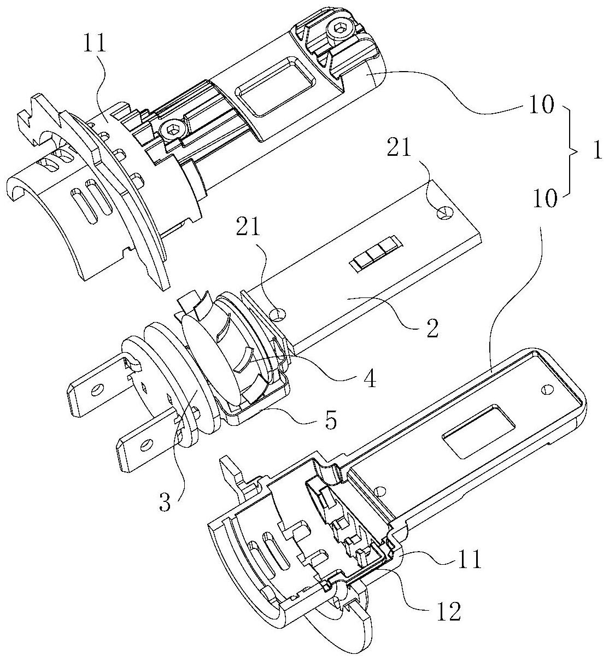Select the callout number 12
click(446, 612)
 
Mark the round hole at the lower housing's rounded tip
click(545, 389)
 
